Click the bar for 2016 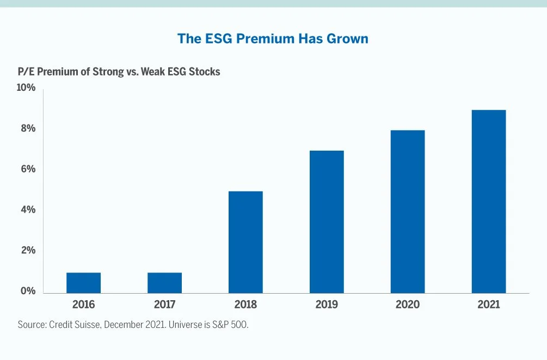(83, 283)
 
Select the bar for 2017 (164, 283)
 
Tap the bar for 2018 (245, 242)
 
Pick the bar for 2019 (327, 222)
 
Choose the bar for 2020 (408, 212)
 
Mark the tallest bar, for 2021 (489, 201)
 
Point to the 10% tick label (26, 88)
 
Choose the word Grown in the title (348, 39)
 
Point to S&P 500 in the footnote (232, 325)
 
